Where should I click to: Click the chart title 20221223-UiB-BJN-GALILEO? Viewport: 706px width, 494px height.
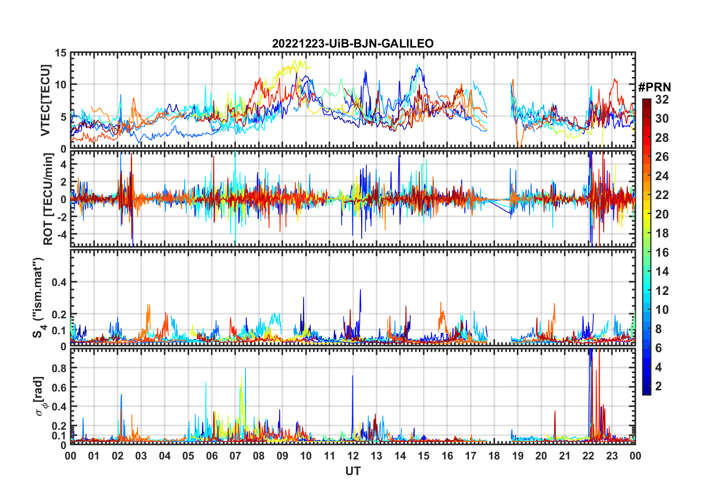click(x=353, y=44)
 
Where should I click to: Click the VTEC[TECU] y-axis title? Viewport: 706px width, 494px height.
click(x=46, y=101)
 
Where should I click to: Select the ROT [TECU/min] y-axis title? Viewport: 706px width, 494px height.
click(x=48, y=199)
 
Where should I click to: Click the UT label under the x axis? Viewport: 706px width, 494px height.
click(x=353, y=471)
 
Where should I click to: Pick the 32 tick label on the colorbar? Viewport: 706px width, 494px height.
click(x=662, y=100)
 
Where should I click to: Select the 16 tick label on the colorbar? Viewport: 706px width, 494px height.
click(x=662, y=253)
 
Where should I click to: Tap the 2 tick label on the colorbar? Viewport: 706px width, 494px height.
click(x=658, y=386)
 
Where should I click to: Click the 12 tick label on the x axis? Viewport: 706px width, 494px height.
click(x=353, y=456)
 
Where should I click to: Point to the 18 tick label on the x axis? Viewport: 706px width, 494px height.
click(x=494, y=456)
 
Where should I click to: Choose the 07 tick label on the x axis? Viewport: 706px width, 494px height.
click(x=235, y=456)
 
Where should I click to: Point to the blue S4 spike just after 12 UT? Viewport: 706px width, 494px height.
click(x=360, y=290)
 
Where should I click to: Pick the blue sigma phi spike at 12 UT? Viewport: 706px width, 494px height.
click(x=352, y=376)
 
